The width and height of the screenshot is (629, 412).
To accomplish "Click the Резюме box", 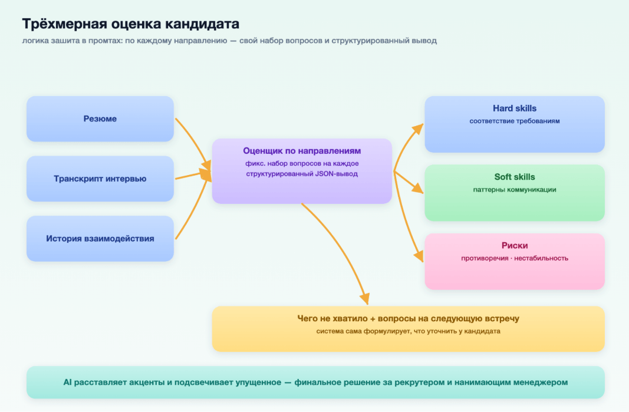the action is click(x=100, y=118).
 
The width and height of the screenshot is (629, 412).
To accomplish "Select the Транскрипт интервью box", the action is click(x=100, y=179).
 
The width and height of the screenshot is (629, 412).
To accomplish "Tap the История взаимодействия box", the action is click(x=100, y=239).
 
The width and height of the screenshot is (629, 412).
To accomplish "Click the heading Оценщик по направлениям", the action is click(x=302, y=151).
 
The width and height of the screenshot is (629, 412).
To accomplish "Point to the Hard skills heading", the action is click(x=514, y=108).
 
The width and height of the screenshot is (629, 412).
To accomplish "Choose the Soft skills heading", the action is click(x=514, y=177).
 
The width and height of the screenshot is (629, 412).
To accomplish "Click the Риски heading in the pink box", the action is click(x=514, y=246).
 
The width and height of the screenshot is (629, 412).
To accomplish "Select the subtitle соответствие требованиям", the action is click(x=514, y=121).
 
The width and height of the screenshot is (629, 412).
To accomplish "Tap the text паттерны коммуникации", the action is click(x=514, y=190).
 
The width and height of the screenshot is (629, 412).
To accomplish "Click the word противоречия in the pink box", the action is click(x=485, y=258).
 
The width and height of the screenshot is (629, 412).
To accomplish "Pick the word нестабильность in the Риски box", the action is click(x=541, y=258).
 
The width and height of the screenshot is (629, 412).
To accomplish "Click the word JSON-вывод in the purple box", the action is click(x=336, y=174).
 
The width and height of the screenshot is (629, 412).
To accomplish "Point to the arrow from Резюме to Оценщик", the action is click(x=195, y=140).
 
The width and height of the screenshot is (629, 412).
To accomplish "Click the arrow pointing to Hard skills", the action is click(x=405, y=144).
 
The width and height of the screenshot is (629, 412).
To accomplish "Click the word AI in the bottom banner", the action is click(x=67, y=383).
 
